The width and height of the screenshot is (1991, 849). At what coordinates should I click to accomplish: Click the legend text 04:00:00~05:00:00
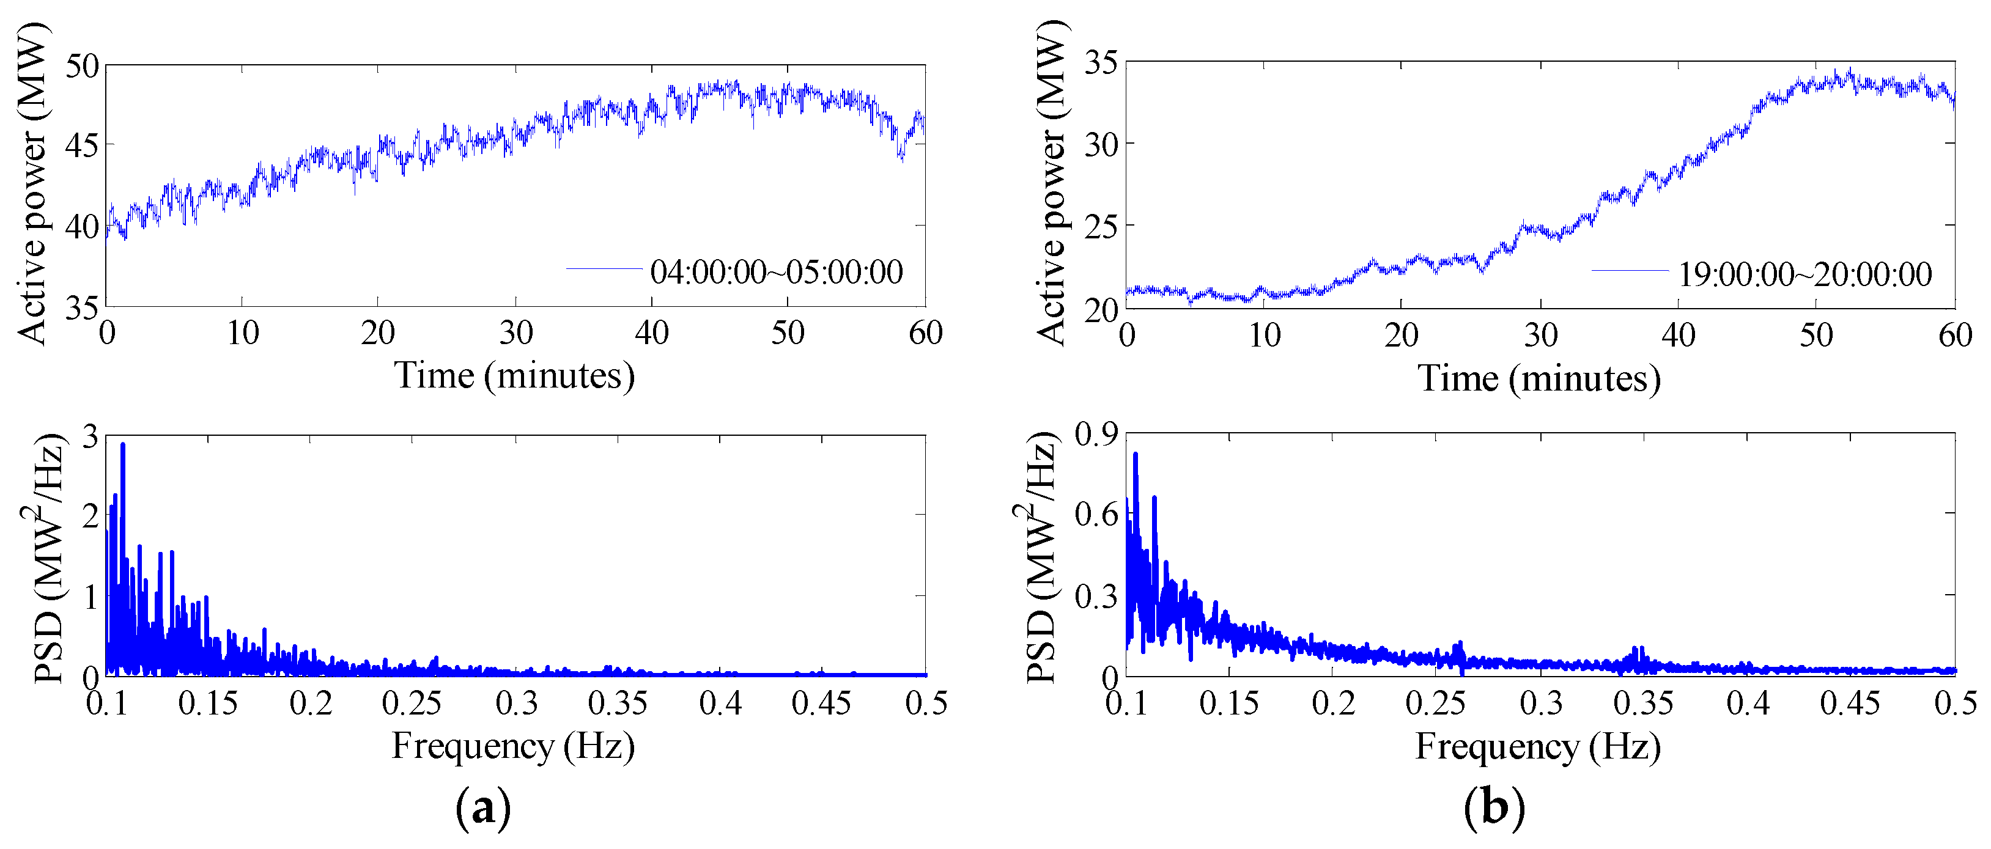pos(776,272)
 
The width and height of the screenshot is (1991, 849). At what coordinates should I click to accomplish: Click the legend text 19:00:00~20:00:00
pos(1804,274)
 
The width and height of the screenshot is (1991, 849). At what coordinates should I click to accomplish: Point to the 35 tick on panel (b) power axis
pos(1101,62)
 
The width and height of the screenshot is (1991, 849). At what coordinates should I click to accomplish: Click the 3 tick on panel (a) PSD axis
pos(90,437)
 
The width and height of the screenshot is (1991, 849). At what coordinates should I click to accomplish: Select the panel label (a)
pos(484,808)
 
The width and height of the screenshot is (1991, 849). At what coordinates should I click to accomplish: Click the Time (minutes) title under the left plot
pos(514,377)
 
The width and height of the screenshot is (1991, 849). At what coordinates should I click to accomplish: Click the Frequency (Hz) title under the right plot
pos(1537,747)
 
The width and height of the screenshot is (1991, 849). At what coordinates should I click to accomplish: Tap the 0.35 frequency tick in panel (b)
pos(1643,704)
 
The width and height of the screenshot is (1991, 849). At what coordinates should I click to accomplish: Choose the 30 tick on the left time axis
pos(515,334)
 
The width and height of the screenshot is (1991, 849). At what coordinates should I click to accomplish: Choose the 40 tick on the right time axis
pos(1678,336)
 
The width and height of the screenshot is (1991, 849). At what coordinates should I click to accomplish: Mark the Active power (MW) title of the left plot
pos(32,183)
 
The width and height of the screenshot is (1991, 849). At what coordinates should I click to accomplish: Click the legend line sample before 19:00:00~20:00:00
pos(1629,270)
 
